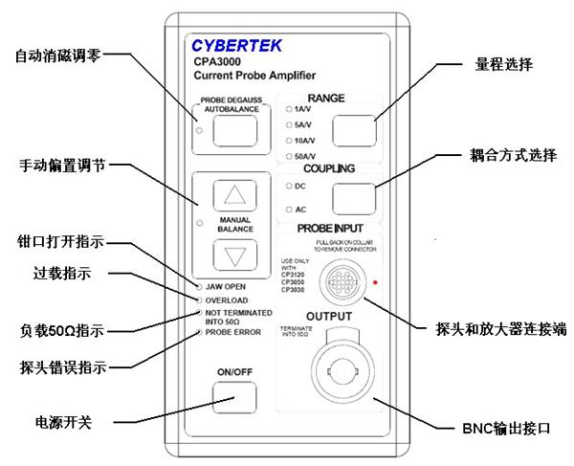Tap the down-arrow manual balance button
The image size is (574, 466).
233,256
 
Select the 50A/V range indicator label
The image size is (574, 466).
306,154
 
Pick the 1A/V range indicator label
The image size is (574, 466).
304,110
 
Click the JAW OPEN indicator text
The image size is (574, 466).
228,287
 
